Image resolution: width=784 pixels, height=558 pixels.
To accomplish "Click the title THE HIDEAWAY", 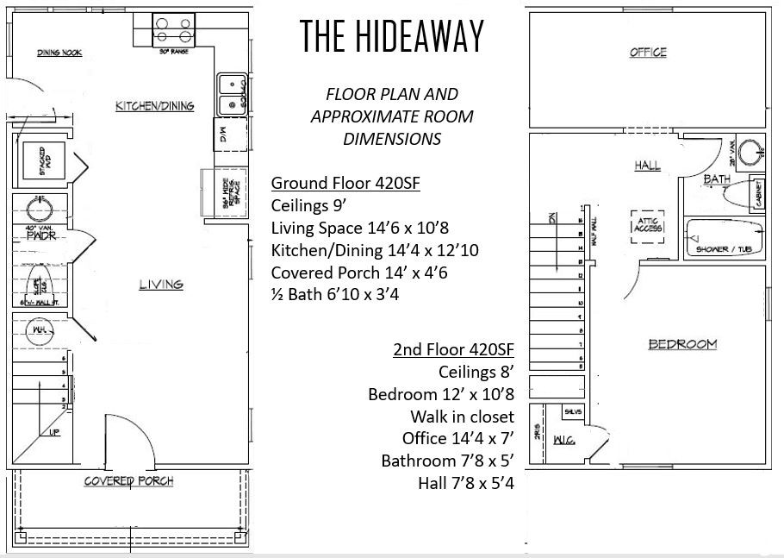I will (392, 36).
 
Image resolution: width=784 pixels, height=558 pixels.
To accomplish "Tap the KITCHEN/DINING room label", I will (155, 106).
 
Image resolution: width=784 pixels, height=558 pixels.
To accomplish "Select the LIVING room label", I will (161, 285).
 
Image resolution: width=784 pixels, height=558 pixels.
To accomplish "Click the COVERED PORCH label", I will (128, 480).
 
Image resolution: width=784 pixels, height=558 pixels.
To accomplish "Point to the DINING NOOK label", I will (59, 53).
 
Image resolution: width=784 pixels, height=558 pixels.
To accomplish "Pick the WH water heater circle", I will (39, 329).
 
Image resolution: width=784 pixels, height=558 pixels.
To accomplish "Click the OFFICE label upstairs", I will (648, 53).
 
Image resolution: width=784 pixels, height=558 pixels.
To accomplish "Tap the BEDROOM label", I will (682, 345).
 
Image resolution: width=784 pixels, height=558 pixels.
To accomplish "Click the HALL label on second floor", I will (647, 166).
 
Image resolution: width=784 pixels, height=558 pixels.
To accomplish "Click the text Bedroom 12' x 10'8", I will (440, 394).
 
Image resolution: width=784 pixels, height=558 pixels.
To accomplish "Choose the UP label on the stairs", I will (53, 432).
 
